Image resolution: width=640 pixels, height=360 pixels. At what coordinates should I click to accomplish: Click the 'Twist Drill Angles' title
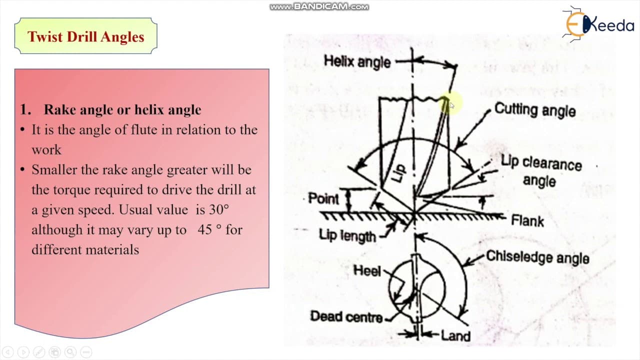click(85, 37)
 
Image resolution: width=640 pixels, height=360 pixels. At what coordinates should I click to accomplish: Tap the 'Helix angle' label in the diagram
click(357, 62)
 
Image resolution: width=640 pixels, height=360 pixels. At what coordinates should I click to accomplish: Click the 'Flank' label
click(527, 221)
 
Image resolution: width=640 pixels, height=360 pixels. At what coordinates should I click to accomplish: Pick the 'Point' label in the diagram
click(323, 198)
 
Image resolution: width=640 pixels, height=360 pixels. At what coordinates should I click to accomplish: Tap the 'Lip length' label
click(347, 235)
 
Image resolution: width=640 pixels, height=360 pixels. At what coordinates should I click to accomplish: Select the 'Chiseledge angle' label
click(537, 257)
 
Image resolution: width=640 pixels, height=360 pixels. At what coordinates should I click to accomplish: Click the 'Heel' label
click(367, 270)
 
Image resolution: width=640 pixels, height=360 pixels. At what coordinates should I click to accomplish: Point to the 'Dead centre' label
click(346, 316)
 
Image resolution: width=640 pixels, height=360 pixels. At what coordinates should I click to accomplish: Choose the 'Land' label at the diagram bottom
click(455, 335)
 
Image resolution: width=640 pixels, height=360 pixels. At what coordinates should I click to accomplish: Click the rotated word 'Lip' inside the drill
click(398, 173)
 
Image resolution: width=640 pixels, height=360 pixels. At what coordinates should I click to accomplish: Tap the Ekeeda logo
click(597, 24)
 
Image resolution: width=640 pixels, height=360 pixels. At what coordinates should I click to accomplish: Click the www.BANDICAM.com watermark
click(319, 6)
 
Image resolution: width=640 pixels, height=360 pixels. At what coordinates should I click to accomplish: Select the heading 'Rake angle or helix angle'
click(122, 109)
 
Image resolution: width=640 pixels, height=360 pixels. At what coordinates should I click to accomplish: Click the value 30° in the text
click(219, 209)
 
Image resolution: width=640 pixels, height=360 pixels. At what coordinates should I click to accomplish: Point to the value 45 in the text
click(204, 229)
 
